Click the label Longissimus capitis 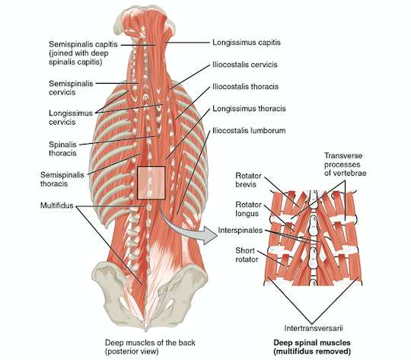[x=247, y=43]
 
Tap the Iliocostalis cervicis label [x=245, y=65]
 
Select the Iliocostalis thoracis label [x=245, y=87]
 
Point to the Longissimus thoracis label [x=249, y=109]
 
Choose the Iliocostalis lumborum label [x=249, y=131]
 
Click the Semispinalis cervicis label [x=71, y=88]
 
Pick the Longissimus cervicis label [x=71, y=117]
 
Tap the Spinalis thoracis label [x=62, y=148]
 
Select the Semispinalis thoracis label [x=62, y=179]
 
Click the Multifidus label [x=56, y=205]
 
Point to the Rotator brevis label [x=248, y=180]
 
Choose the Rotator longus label [x=248, y=209]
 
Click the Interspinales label [x=241, y=230]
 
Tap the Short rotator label [x=247, y=255]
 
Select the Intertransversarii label [x=314, y=328]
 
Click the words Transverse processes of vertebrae [x=345, y=164]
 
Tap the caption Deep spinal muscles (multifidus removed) [x=312, y=347]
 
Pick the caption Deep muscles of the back [x=150, y=342]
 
